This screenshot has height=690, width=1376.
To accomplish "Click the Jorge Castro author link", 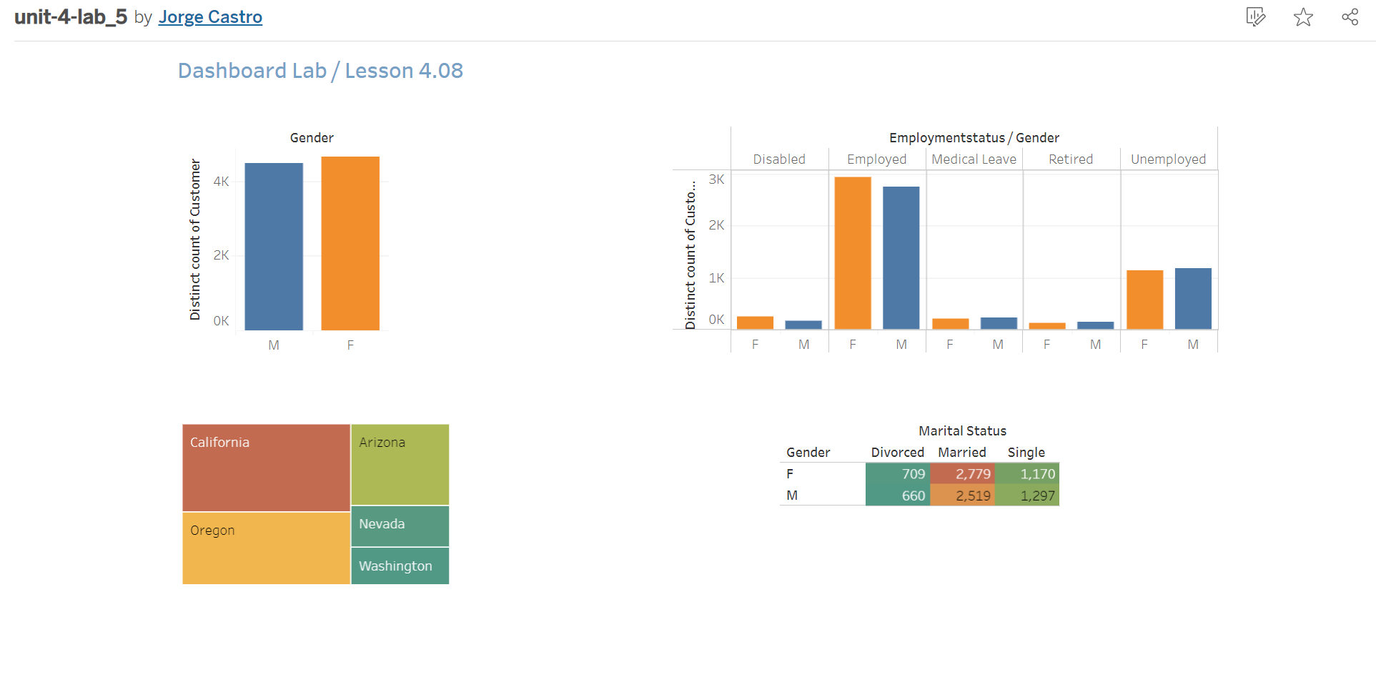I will tap(210, 17).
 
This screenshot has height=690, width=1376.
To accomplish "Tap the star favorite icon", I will tap(1303, 17).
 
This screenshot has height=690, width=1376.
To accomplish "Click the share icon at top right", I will tap(1350, 17).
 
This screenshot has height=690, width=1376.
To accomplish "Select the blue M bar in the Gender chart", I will tap(274, 247).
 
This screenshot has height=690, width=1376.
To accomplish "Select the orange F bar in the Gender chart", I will tap(350, 243).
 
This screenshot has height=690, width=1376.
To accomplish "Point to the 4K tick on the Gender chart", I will tap(221, 182).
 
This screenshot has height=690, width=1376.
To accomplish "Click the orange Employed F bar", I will tap(853, 253).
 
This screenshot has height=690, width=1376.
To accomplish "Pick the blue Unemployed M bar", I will tap(1193, 298).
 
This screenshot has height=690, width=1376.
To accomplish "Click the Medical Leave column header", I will tap(974, 159).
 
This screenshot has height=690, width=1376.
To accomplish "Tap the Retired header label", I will tap(1070, 159).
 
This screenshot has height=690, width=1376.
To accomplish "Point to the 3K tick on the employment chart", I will tap(716, 179).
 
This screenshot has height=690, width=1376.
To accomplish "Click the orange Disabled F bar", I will tap(755, 322).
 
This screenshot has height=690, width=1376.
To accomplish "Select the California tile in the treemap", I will tap(266, 468).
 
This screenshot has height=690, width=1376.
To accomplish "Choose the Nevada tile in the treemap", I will tap(400, 526).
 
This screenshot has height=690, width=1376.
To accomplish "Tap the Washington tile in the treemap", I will tap(400, 566).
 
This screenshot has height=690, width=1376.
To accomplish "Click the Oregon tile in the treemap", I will tap(266, 548).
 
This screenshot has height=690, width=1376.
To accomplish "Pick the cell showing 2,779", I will tap(962, 474).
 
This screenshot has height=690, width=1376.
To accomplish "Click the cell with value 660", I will tap(898, 496).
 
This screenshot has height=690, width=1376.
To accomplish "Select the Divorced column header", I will tap(897, 453).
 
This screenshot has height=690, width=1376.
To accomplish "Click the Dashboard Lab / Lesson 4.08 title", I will tap(320, 71).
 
